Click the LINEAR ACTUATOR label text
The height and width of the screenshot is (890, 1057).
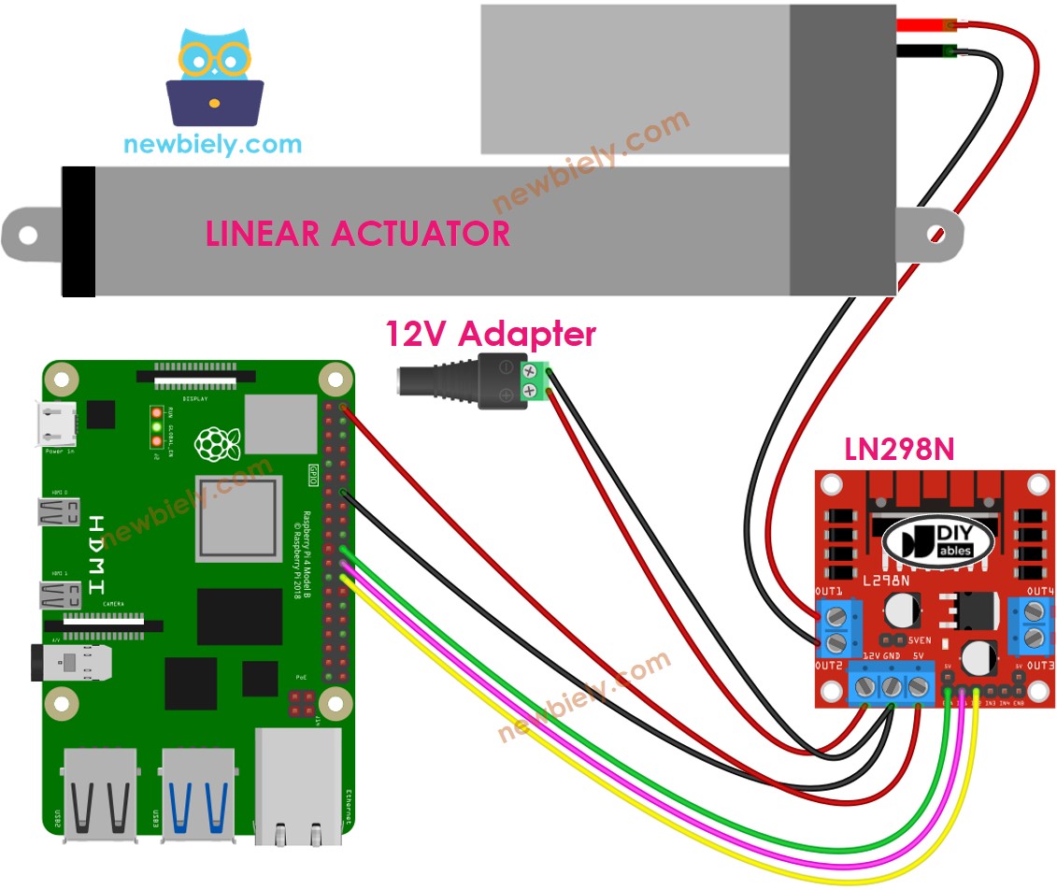click(358, 234)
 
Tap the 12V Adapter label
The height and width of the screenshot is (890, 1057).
click(491, 334)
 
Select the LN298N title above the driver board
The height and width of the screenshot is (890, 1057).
click(898, 450)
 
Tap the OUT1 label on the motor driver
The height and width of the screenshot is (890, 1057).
click(829, 592)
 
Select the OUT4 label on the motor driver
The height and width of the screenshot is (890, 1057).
click(1039, 592)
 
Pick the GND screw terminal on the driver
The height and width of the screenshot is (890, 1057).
click(891, 688)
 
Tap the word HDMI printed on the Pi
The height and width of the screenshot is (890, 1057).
click(97, 554)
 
